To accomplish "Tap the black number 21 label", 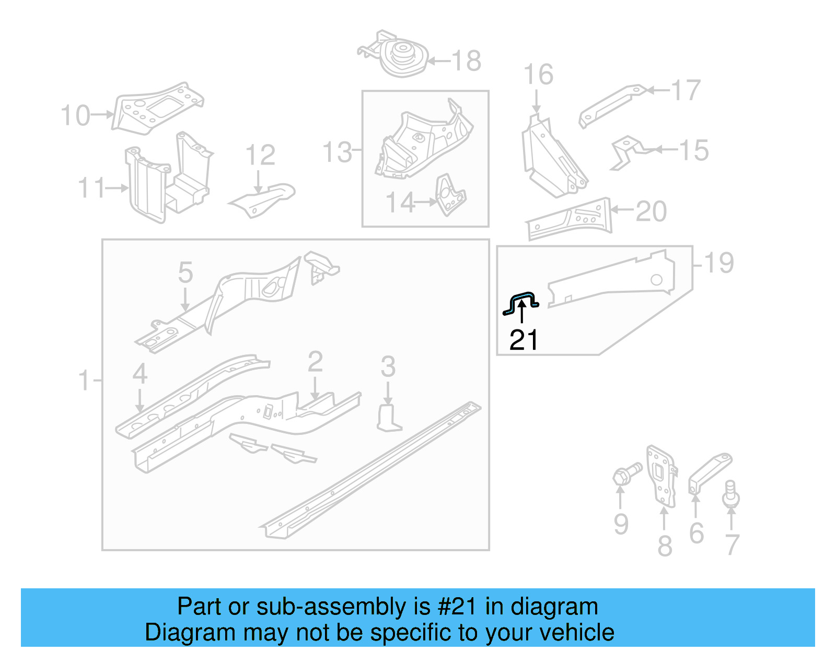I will pos(524,340).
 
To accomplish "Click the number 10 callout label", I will pos(75,115).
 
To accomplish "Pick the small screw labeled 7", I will pos(731,494).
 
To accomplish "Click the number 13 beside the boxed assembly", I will pos(337,152).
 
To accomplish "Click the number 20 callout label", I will pos(651,211).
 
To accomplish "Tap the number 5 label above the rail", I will pos(185,273).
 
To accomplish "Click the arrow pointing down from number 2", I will pos(315,388).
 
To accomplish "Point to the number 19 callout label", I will pos(719,263).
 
